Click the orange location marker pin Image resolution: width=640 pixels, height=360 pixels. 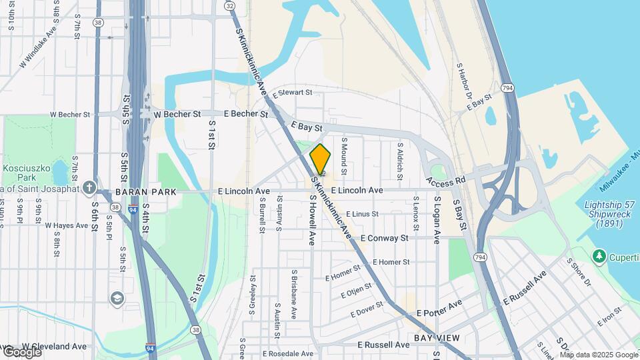pyautogui.click(x=320, y=160)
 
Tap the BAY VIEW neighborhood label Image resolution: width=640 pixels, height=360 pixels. pyautogui.click(x=437, y=338)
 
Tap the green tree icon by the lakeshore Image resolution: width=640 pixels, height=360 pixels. pyautogui.click(x=599, y=256)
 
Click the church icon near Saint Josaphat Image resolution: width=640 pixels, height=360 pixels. pyautogui.click(x=90, y=187)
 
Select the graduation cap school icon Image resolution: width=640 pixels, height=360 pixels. pyautogui.click(x=117, y=297)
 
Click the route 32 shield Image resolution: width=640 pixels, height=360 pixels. pyautogui.click(x=230, y=5)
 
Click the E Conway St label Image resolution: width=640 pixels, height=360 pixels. pyautogui.click(x=384, y=238)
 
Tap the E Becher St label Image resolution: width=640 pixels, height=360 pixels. pyautogui.click(x=245, y=114)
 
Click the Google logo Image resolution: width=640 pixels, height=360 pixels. pyautogui.click(x=22, y=351)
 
